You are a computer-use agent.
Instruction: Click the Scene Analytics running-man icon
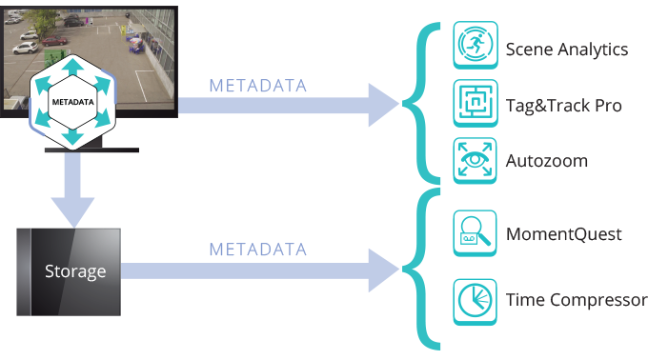pyautogui.click(x=476, y=45)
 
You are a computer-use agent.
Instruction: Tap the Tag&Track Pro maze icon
pyautogui.click(x=476, y=103)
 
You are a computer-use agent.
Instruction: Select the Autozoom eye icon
pyautogui.click(x=475, y=161)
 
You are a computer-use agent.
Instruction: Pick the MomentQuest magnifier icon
pyautogui.click(x=475, y=233)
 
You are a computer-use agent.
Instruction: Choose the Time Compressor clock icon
pyautogui.click(x=475, y=302)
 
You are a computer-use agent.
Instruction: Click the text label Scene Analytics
pyautogui.click(x=567, y=50)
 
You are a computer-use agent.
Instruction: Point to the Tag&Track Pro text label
pyautogui.click(x=564, y=106)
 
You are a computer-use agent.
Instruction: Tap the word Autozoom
pyautogui.click(x=546, y=161)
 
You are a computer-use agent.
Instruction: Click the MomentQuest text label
pyautogui.click(x=564, y=234)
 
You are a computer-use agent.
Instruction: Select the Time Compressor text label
pyautogui.click(x=577, y=300)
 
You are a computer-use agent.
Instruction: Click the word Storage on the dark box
pyautogui.click(x=75, y=271)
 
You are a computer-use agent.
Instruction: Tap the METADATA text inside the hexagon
pyautogui.click(x=73, y=102)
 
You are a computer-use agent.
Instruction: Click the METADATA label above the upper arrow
pyautogui.click(x=258, y=86)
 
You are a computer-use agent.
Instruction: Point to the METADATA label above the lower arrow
pyautogui.click(x=258, y=250)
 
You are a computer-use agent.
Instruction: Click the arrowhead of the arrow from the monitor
pyautogui.click(x=383, y=105)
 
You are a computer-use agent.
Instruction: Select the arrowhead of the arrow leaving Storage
pyautogui.click(x=383, y=270)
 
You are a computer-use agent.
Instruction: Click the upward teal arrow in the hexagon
pyautogui.click(x=73, y=66)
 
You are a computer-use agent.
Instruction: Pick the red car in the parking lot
pyautogui.click(x=53, y=40)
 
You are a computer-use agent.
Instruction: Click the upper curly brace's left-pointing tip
pyautogui.click(x=402, y=104)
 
